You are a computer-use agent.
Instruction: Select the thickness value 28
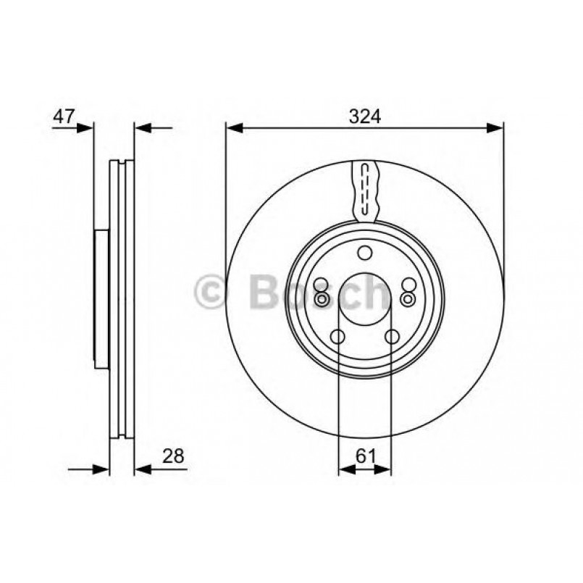pos(175,456)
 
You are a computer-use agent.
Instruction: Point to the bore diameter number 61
pos(365,456)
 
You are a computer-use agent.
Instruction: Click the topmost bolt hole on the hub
pos(365,253)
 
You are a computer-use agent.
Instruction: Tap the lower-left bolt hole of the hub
pos(337,336)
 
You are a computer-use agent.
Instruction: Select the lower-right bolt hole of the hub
pos(392,336)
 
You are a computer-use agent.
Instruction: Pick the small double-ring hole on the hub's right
pos(408,298)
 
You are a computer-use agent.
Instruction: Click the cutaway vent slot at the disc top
pos(365,190)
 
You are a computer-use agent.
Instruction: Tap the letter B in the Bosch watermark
pos(264,293)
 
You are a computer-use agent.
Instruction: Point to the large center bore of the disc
pos(365,300)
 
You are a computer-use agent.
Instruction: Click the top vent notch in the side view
pos(122,163)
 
